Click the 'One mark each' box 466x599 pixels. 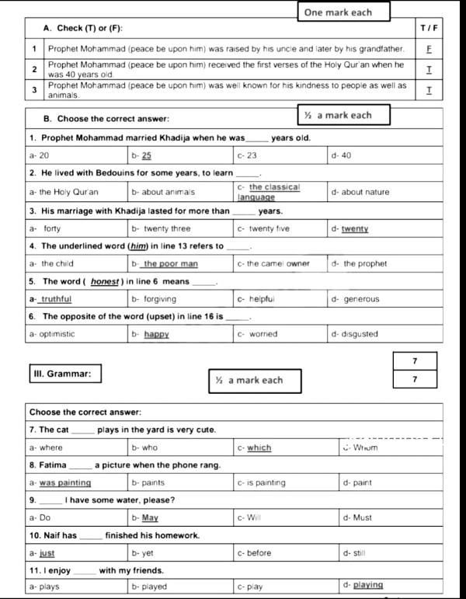(338, 12)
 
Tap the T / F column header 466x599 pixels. (429, 29)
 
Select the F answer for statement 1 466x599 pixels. (429, 48)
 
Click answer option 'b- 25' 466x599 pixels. (147, 155)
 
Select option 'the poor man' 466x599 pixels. (170, 264)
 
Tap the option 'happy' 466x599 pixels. (155, 334)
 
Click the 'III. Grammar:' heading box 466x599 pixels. (62, 374)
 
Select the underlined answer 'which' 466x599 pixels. (259, 448)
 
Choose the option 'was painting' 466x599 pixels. (64, 482)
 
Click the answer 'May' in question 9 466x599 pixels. (150, 517)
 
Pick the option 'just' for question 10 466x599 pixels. (47, 553)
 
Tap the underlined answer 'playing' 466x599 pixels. (367, 585)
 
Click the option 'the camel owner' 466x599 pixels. (277, 264)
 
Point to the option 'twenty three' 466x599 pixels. (165, 229)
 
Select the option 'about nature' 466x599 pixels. (366, 192)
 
